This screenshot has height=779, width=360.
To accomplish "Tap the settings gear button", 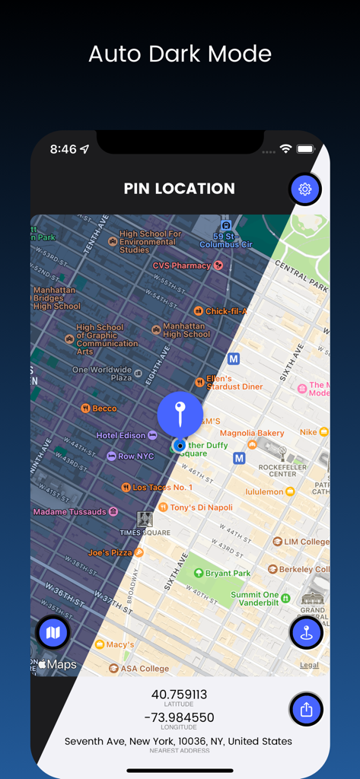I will (x=305, y=189).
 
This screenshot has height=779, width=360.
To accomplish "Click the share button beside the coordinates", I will (x=307, y=710).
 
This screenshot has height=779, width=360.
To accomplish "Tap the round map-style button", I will (x=53, y=632).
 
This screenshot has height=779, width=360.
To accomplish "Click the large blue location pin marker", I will (x=180, y=414).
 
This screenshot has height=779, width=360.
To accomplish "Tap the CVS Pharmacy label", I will (x=182, y=265).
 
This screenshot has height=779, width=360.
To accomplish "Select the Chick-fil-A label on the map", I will (x=226, y=311).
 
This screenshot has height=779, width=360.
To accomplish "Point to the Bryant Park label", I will (x=227, y=573).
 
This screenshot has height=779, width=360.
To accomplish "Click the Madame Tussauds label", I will (x=69, y=512).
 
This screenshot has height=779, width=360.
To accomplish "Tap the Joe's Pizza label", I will (x=110, y=553).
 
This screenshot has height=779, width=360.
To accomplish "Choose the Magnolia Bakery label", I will (x=252, y=434).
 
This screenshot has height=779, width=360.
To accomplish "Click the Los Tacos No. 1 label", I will (x=162, y=487).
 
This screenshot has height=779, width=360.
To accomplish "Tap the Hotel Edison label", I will (x=121, y=435).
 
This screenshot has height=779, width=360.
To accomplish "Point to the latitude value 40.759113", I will (x=180, y=695).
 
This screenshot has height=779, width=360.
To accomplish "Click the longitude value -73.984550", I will (x=180, y=717).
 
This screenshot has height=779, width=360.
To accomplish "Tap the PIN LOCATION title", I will (x=180, y=189).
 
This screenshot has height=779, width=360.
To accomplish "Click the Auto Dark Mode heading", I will (x=180, y=54).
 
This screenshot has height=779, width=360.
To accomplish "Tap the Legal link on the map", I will (x=309, y=665).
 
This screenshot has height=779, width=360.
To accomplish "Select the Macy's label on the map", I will (x=119, y=645).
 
